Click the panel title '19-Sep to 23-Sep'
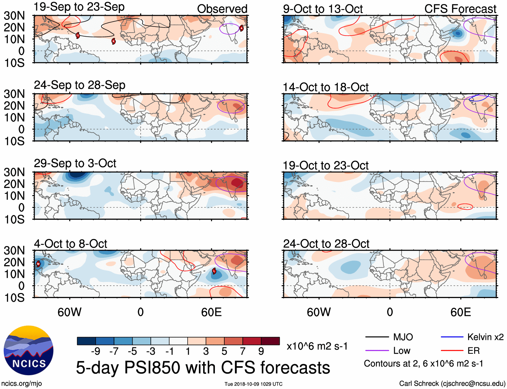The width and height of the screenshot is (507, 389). coord(79,7)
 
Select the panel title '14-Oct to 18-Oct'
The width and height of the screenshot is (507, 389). coord(326,87)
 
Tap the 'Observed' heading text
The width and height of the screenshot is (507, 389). coord(222,9)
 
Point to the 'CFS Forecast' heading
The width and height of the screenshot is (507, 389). coord(460,9)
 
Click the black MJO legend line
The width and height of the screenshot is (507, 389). coord(377,337)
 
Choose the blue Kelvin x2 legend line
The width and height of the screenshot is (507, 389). coord(452,337)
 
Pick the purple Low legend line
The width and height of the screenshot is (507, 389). coord(377,351)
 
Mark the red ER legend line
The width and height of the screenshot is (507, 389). coord(452,351)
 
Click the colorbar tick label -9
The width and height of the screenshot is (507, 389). coord(95,351)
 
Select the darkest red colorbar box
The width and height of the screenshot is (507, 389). coord(270,341)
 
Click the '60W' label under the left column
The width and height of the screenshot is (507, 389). coord(70,312)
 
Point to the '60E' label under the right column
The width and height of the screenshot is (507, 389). coord(461,312)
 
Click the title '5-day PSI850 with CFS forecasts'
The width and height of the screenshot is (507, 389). coord(203,368)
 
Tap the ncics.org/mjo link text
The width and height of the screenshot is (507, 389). coord(21,384)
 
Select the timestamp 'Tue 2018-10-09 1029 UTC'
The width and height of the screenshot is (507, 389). coord(253,384)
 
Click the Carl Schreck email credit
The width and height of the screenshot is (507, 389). coord(452,384)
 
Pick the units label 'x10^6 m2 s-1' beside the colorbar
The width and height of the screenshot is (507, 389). coord(317,346)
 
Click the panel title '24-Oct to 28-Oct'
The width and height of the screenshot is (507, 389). coord(326,244)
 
